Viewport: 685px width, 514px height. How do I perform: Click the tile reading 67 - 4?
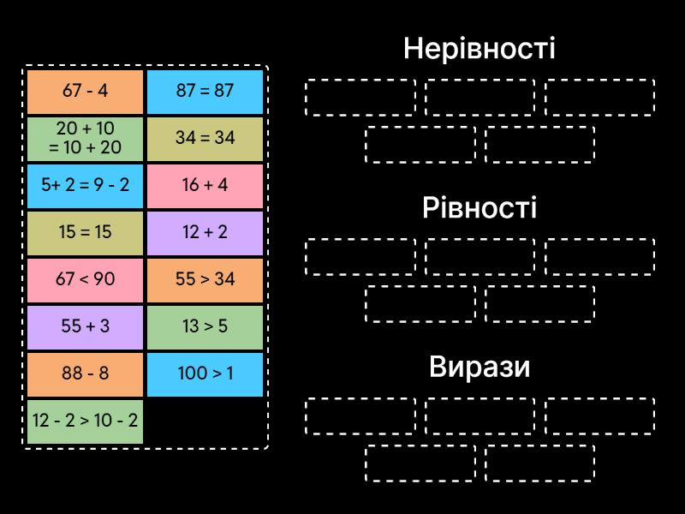[x=85, y=91]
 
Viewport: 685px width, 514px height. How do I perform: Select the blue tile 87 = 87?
[x=205, y=91]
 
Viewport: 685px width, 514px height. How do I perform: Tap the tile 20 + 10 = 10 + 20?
[x=85, y=138]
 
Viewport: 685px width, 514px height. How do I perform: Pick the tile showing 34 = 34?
[x=205, y=138]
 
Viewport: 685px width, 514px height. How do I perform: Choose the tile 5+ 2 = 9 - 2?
[x=85, y=185]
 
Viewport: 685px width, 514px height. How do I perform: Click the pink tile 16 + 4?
[x=205, y=185]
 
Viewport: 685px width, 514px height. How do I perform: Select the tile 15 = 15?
[x=85, y=232]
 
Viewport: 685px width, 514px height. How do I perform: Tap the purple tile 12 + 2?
[x=205, y=232]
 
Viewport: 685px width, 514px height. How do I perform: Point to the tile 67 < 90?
[x=85, y=279]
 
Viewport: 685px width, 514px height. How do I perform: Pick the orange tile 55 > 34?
[x=205, y=279]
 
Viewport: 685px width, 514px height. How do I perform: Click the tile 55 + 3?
[x=85, y=326]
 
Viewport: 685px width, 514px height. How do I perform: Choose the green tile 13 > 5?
[x=205, y=326]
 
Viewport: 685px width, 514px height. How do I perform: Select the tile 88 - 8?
[x=85, y=374]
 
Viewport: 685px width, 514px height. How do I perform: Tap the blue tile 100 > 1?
[x=205, y=374]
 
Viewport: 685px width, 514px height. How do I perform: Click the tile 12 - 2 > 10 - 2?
[x=85, y=421]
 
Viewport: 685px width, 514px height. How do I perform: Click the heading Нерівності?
[x=479, y=48]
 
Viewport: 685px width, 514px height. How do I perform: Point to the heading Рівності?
[x=479, y=208]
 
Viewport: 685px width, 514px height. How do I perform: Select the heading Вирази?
[x=479, y=368]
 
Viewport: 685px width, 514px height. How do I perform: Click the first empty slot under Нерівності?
[x=360, y=97]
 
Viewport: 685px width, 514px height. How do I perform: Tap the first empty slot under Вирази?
[x=360, y=416]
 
